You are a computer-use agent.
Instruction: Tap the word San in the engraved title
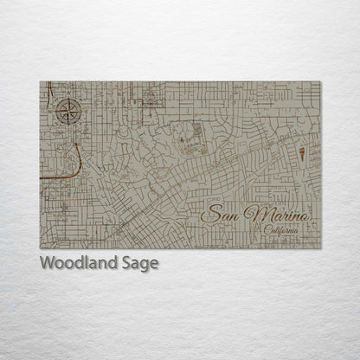tap(220, 215)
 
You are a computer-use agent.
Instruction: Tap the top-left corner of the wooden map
tap(40, 81)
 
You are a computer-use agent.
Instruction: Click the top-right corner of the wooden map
tap(320, 81)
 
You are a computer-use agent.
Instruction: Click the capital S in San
tap(209, 215)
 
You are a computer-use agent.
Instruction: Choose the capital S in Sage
tap(131, 263)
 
